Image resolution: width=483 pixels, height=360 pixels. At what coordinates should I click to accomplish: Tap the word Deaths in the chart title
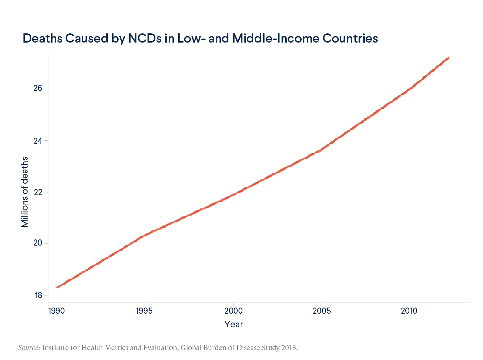pos(43,38)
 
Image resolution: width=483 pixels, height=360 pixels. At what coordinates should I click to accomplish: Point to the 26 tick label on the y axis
pos(38,89)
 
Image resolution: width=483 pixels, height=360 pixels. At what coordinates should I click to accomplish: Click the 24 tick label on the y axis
pos(38,141)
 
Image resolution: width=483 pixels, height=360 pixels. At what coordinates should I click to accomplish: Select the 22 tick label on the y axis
pos(38,192)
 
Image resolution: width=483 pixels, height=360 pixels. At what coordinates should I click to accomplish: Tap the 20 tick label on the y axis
pos(38,244)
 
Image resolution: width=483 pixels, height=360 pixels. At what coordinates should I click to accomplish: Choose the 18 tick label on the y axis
pos(38,295)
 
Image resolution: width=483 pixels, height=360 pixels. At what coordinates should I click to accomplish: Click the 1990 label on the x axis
pos(56,311)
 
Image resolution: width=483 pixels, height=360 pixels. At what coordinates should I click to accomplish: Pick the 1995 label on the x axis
pos(145,311)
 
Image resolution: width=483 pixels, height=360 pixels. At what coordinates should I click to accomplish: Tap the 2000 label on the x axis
pos(233,311)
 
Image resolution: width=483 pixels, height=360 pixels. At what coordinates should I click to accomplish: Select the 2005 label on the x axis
pos(321,311)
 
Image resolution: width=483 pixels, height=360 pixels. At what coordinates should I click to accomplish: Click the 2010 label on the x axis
pos(409,311)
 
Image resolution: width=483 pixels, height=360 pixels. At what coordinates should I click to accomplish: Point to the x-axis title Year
pos(233,324)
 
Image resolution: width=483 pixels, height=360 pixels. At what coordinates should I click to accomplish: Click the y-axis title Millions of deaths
pos(25,192)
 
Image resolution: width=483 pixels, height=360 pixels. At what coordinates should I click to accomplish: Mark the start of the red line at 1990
pos(57,287)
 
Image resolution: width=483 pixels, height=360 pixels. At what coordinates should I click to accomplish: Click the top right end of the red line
pos(449,58)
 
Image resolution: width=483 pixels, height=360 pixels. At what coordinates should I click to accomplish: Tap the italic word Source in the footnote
pos(29,348)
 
